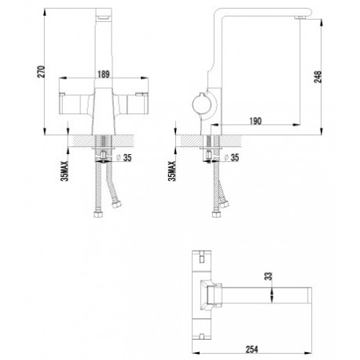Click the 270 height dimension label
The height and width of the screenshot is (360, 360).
(x=42, y=72)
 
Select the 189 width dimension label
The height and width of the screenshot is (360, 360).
(x=104, y=75)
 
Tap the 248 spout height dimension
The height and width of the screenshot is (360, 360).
(x=318, y=77)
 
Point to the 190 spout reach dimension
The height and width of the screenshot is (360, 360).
(x=255, y=121)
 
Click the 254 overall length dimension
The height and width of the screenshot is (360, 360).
(x=252, y=349)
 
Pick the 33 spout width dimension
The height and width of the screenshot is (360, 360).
(x=269, y=277)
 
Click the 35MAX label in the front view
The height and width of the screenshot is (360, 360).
(x=64, y=171)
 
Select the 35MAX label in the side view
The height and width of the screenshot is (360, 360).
(x=172, y=171)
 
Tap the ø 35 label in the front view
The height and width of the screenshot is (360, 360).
(x=123, y=158)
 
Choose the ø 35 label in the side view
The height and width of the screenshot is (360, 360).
(x=232, y=157)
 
